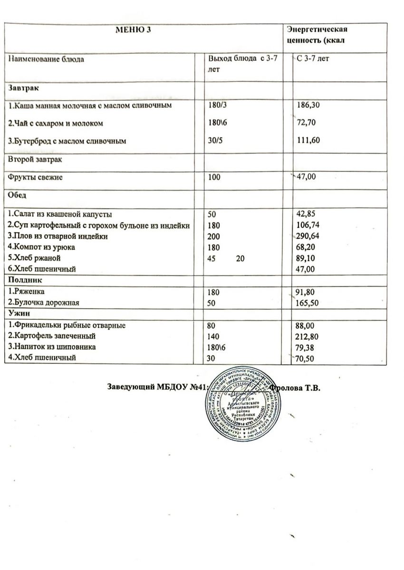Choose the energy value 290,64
[307, 236]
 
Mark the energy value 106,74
[307, 225]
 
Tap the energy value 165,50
[307, 302]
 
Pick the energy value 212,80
[307, 337]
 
